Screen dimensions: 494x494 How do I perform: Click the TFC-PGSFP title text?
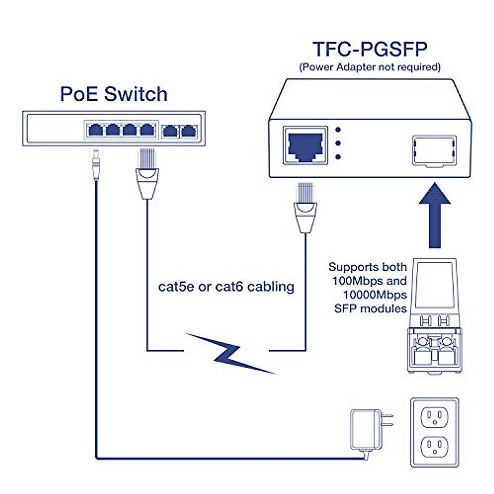pyautogui.click(x=370, y=49)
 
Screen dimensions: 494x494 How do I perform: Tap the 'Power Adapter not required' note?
pyautogui.click(x=370, y=67)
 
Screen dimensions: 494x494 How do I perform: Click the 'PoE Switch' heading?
pyautogui.click(x=114, y=94)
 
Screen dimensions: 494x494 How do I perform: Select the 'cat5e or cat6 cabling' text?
pyautogui.click(x=226, y=286)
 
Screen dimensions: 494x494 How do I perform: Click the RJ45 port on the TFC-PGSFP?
pyautogui.click(x=305, y=146)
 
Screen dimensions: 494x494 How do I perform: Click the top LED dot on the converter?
pyautogui.click(x=338, y=129)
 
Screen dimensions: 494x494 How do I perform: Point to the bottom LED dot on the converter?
pyautogui.click(x=338, y=157)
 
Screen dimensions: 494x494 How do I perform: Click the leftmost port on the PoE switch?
pyautogui.click(x=96, y=130)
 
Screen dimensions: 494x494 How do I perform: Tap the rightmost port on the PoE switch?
pyautogui.click(x=189, y=130)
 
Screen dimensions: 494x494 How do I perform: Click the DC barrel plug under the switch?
pyautogui.click(x=96, y=165)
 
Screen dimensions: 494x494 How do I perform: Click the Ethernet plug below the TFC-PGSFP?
pyautogui.click(x=305, y=208)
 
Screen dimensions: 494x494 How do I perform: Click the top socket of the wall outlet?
pyautogui.click(x=434, y=417)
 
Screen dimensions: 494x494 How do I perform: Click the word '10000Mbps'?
pyautogui.click(x=375, y=295)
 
